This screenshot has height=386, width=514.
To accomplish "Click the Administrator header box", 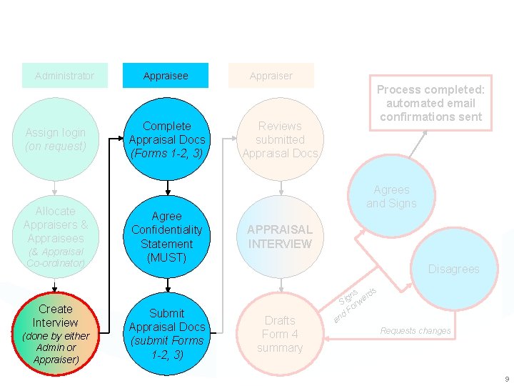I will (64, 76).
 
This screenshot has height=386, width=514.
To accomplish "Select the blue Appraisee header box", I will (166, 76).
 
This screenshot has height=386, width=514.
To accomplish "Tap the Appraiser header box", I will (271, 76).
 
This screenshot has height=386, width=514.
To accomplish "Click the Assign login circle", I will (56, 139).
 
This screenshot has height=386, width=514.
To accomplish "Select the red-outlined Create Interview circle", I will (56, 333).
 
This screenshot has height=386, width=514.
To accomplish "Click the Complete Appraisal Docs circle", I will (166, 139).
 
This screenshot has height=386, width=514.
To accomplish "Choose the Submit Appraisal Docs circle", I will (166, 333).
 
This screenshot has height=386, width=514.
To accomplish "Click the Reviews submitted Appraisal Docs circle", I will (281, 139).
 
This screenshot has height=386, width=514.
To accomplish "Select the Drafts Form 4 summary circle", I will (281, 333).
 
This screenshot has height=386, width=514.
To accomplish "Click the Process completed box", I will (430, 103).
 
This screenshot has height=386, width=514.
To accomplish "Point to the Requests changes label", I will (415, 331).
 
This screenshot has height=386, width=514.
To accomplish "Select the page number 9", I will (506, 379).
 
